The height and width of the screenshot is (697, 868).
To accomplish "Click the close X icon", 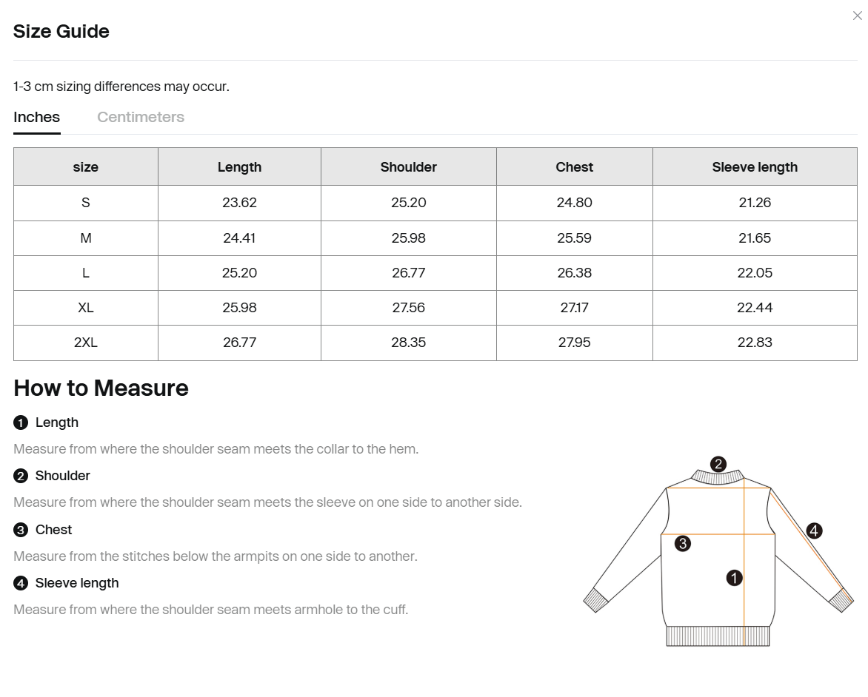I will click(858, 16).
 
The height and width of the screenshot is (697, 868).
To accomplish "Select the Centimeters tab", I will click(141, 117).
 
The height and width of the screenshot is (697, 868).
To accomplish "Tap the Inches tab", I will click(37, 117).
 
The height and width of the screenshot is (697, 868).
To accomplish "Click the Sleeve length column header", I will click(755, 166).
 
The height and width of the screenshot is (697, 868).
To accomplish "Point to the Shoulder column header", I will click(408, 166).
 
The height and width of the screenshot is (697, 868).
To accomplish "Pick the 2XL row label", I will click(86, 343).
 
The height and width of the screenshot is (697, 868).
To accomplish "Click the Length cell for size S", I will click(239, 203).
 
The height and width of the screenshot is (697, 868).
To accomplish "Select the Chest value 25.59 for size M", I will click(574, 238).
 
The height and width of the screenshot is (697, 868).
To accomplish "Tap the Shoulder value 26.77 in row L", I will click(408, 273).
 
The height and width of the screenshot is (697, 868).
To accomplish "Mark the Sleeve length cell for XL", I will click(755, 308).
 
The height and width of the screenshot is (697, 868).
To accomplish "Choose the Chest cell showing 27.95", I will click(574, 343).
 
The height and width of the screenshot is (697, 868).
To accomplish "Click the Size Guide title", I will click(61, 31).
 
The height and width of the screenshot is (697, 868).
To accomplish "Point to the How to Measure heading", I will click(101, 388).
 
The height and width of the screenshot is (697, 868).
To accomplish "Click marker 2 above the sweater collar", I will click(718, 464).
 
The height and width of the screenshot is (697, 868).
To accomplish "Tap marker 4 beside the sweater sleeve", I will click(814, 531).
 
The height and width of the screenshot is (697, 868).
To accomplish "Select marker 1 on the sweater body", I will click(734, 578).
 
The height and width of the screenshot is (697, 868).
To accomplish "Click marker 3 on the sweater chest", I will click(683, 544).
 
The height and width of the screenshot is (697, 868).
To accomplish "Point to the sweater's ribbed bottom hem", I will click(718, 636).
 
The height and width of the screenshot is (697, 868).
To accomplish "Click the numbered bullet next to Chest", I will click(21, 530).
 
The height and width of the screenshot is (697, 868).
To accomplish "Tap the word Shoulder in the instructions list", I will click(62, 476).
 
